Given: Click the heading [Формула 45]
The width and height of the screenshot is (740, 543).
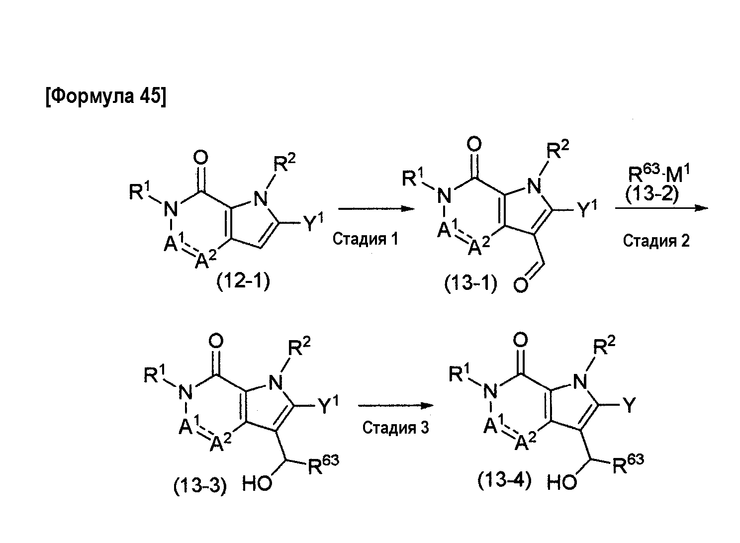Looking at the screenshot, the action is click(x=106, y=97).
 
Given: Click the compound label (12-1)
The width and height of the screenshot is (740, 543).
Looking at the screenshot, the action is click(x=243, y=281).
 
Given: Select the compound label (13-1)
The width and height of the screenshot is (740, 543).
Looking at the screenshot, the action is click(x=471, y=283).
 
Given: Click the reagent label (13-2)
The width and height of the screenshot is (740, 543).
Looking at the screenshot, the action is click(x=652, y=194).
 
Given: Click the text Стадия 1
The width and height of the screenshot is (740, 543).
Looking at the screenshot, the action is click(x=366, y=239).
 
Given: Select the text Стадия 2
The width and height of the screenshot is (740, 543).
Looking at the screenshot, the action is click(x=656, y=241).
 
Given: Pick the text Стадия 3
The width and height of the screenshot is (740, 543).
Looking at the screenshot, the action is click(x=395, y=428).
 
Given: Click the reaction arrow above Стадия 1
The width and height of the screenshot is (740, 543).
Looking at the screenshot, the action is click(x=376, y=209).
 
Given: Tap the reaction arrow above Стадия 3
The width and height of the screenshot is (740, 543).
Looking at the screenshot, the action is click(x=395, y=406).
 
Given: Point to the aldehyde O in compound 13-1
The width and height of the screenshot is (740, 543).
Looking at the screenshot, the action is click(x=521, y=285).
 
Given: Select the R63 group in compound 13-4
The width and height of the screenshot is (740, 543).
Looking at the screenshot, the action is click(x=628, y=464).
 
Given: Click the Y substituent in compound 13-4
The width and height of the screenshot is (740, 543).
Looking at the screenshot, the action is click(x=630, y=405).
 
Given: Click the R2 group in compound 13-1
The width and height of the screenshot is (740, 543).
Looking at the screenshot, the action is click(x=558, y=150).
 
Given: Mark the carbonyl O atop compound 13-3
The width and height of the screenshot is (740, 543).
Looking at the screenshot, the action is click(x=216, y=341).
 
